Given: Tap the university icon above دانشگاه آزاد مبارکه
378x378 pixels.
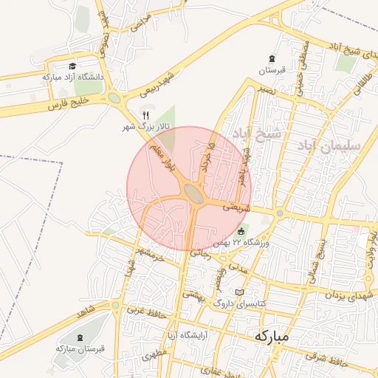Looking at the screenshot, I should [x=72, y=66].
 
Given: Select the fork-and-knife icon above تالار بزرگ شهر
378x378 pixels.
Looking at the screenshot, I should [x=145, y=115].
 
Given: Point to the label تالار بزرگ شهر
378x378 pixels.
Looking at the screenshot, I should [x=145, y=127].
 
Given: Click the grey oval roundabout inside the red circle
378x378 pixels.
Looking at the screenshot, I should [x=194, y=193].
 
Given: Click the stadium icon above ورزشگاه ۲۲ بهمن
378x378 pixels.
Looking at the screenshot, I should [x=241, y=231].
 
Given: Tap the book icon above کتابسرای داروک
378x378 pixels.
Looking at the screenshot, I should [x=238, y=292].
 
